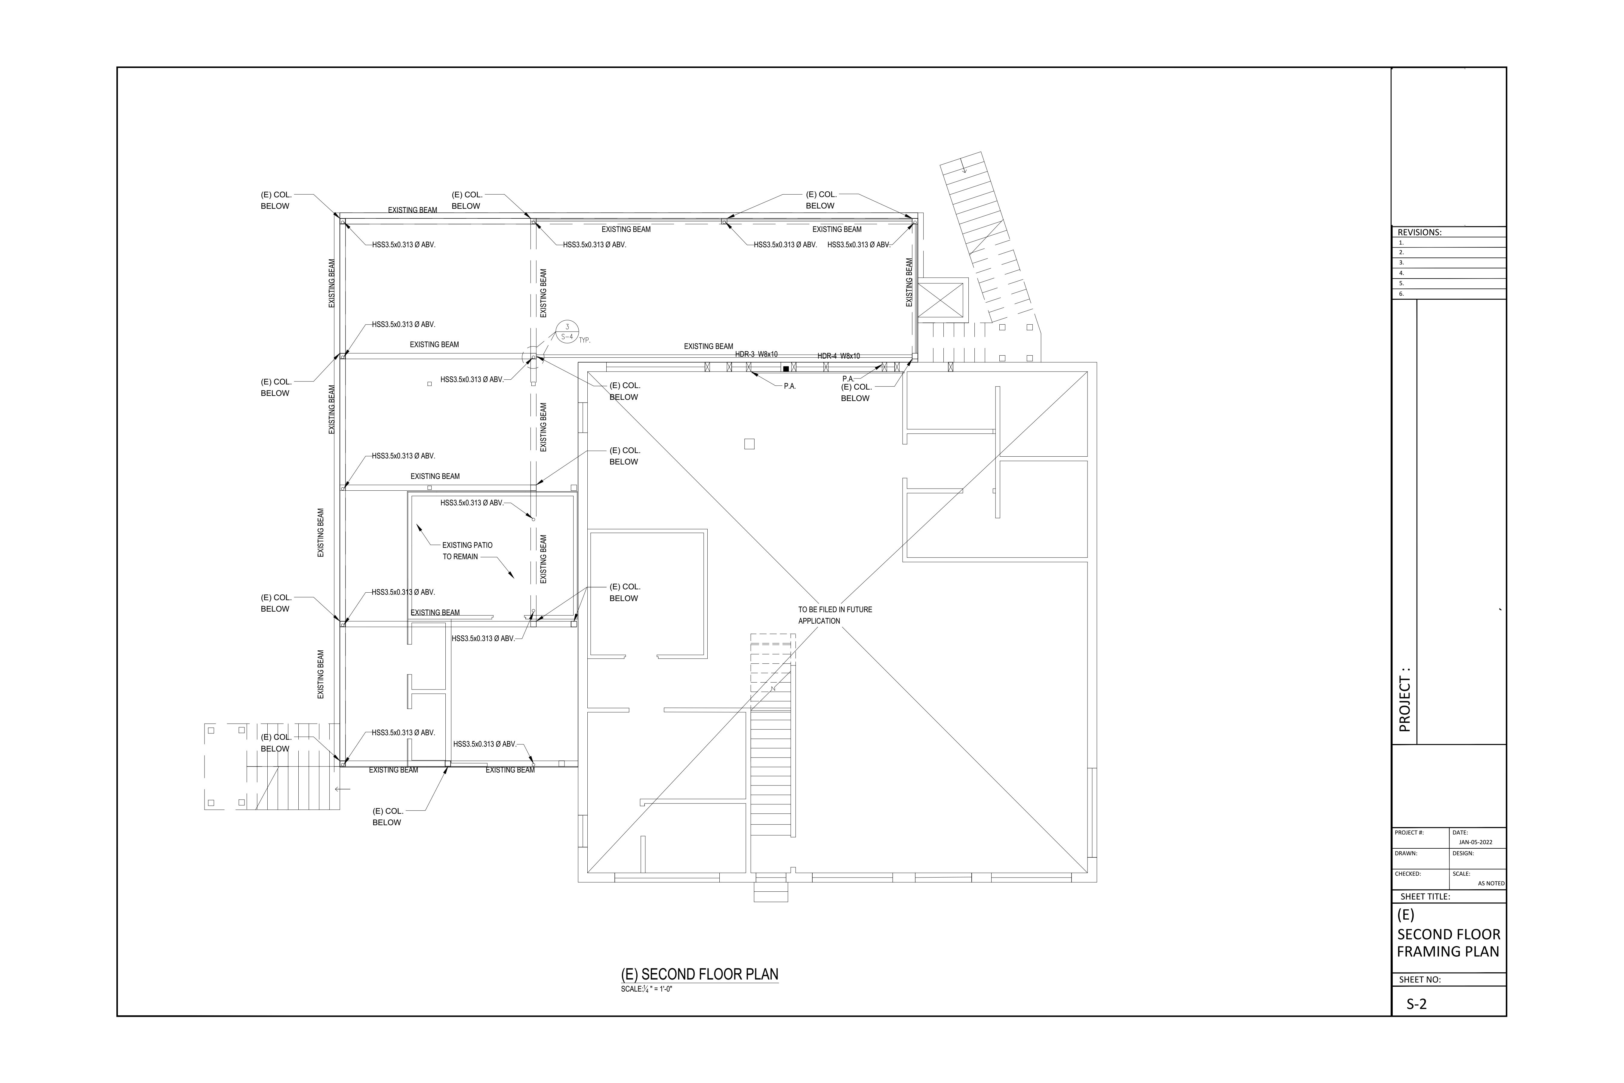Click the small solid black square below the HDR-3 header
click(786, 369)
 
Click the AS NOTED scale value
click(1491, 883)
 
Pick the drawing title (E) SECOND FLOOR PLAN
click(700, 975)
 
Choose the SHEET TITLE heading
click(1425, 896)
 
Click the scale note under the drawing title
click(646, 989)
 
